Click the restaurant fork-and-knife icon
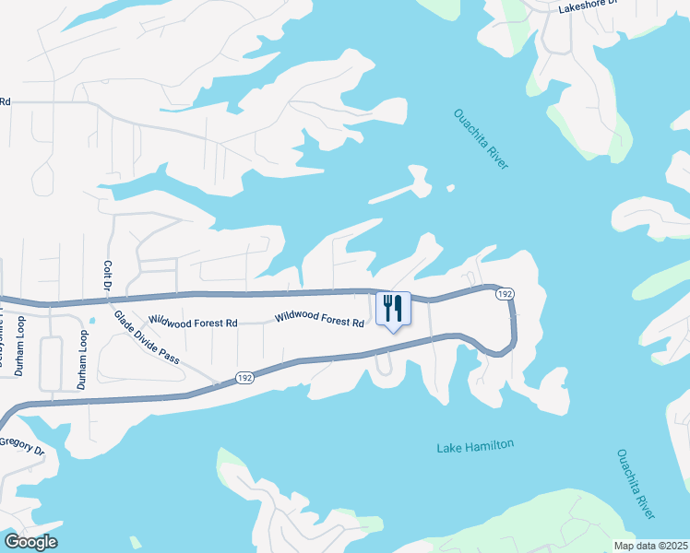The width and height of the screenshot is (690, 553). pos(393,308)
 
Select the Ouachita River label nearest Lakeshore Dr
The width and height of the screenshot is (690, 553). pos(481,138)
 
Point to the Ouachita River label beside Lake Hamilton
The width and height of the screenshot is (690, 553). pos(636,484)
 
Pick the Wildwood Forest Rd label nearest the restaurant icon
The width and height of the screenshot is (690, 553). pos(319,320)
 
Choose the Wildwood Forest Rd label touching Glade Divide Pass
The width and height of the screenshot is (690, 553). pos(194,323)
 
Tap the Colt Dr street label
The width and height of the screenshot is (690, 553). pos(107,277)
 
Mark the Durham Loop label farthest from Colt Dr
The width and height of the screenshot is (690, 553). pos(18,350)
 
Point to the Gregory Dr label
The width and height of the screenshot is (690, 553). pos(22,445)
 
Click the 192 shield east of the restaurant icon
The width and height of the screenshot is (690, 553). pos(503,293)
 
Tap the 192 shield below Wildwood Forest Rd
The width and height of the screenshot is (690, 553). pos(244,377)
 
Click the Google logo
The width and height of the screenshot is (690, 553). pos(30,542)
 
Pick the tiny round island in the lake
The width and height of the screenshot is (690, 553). pos(450,188)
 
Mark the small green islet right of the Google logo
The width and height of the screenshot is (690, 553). pos(136,542)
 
